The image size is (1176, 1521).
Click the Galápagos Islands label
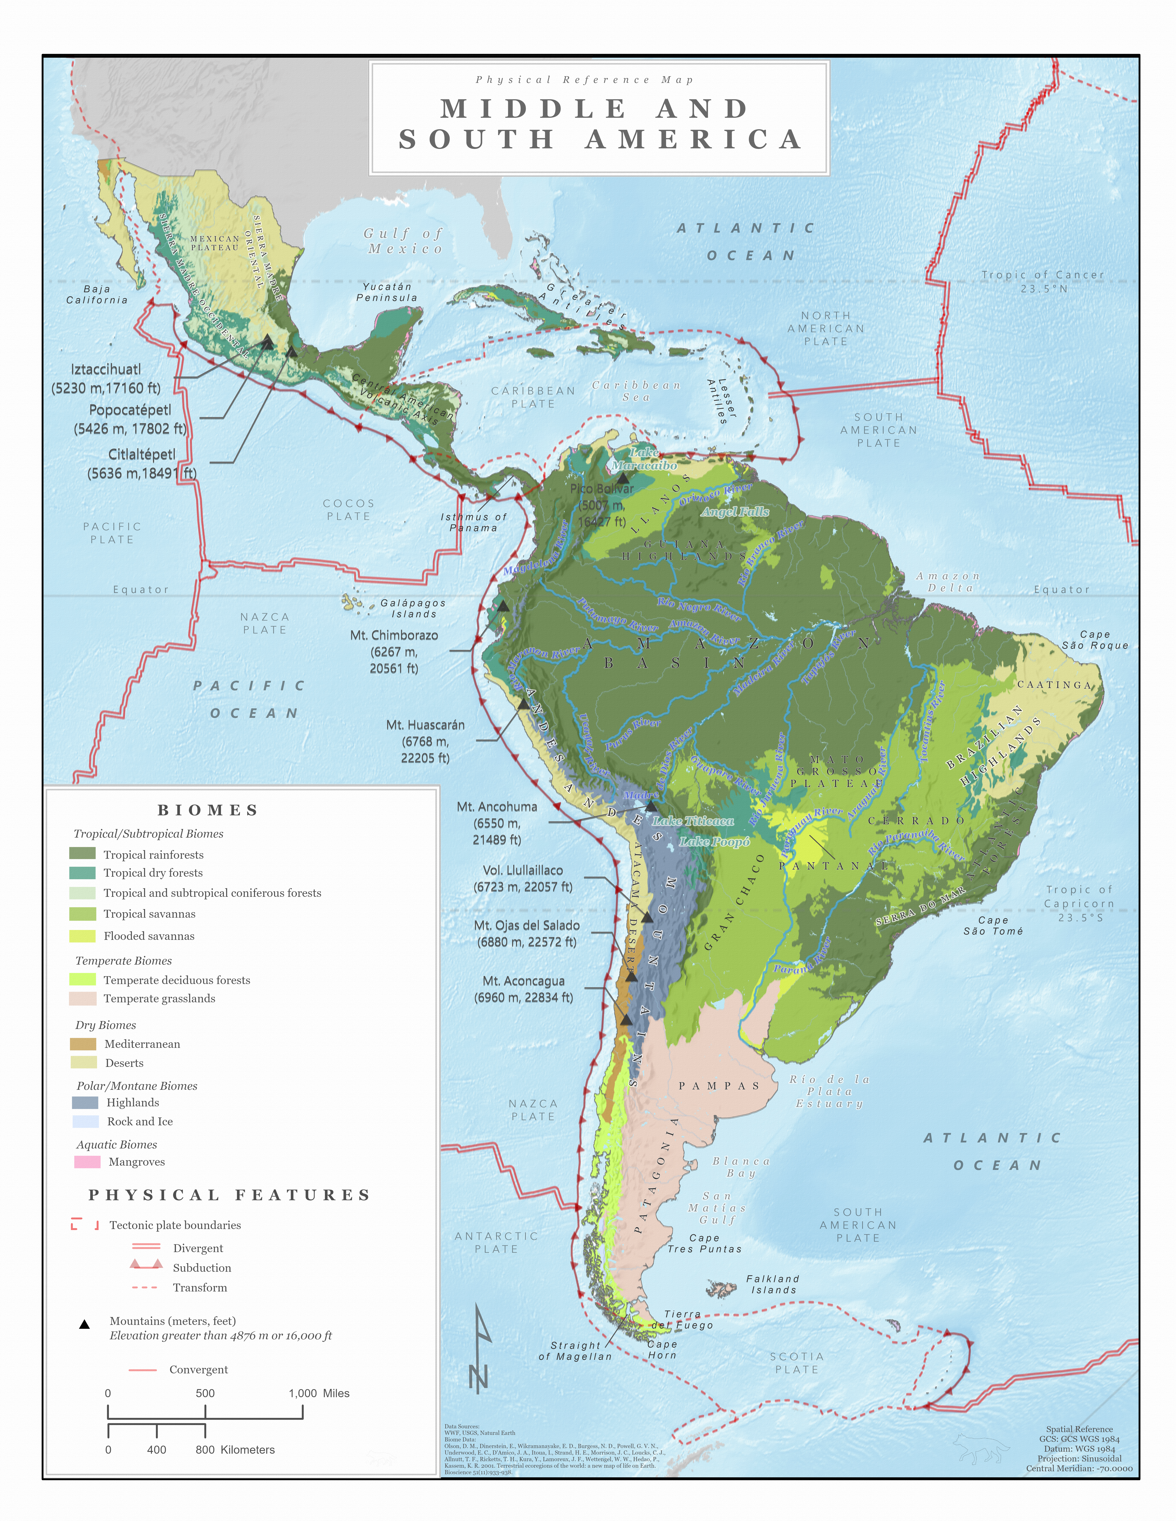(x=413, y=609)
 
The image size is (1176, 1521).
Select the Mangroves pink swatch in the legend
(x=87, y=1162)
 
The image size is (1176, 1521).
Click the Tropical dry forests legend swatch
(x=82, y=873)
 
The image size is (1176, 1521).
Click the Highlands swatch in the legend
(x=85, y=1102)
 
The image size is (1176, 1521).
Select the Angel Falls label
(x=735, y=512)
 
